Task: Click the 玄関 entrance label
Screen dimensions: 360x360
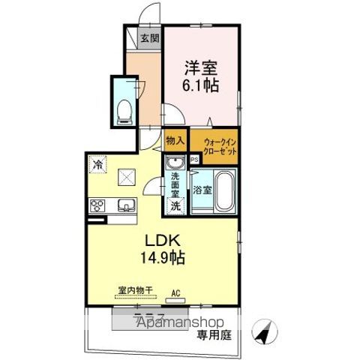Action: point(148,38)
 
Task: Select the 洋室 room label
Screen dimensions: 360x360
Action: point(201,66)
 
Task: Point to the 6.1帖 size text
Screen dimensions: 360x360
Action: point(200,85)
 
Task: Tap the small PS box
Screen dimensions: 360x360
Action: point(194,159)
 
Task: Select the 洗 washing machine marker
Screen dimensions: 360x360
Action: point(175,205)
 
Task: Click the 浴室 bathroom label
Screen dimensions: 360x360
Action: point(201,190)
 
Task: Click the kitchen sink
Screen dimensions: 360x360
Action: point(124,205)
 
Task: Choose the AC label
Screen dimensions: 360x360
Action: point(176,293)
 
